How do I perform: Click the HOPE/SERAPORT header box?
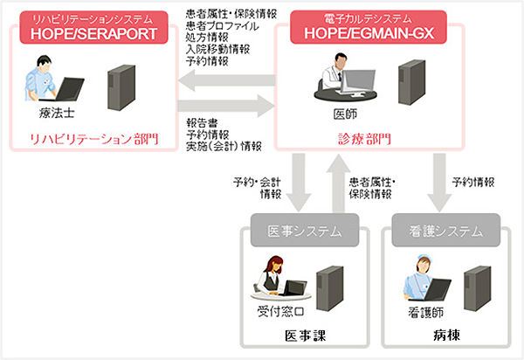(x=94, y=27)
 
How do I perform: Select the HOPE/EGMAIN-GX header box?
(x=369, y=27)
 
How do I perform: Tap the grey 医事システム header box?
(x=305, y=231)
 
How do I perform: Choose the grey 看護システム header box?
(x=445, y=231)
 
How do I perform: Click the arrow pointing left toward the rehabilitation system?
(x=226, y=80)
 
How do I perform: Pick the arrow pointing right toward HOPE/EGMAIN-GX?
(x=226, y=107)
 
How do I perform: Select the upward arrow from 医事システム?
(x=339, y=183)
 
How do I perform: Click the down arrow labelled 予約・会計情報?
(x=299, y=183)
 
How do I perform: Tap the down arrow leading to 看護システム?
(x=439, y=183)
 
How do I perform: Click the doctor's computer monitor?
(x=359, y=82)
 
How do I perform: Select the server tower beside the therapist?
(x=121, y=87)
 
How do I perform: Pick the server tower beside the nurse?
(x=478, y=288)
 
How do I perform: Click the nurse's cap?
(x=423, y=257)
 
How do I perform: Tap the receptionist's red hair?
(x=273, y=265)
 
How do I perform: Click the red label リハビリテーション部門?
(x=94, y=139)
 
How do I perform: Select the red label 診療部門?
(x=365, y=139)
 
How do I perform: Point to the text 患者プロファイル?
(x=223, y=26)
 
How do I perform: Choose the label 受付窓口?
(x=280, y=312)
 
